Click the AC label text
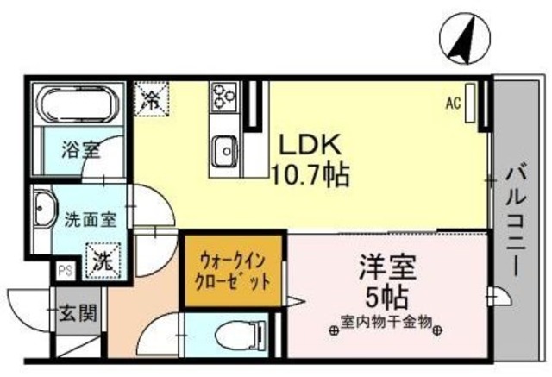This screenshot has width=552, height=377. point(452,104)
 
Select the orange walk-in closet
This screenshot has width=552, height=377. point(233,269)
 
